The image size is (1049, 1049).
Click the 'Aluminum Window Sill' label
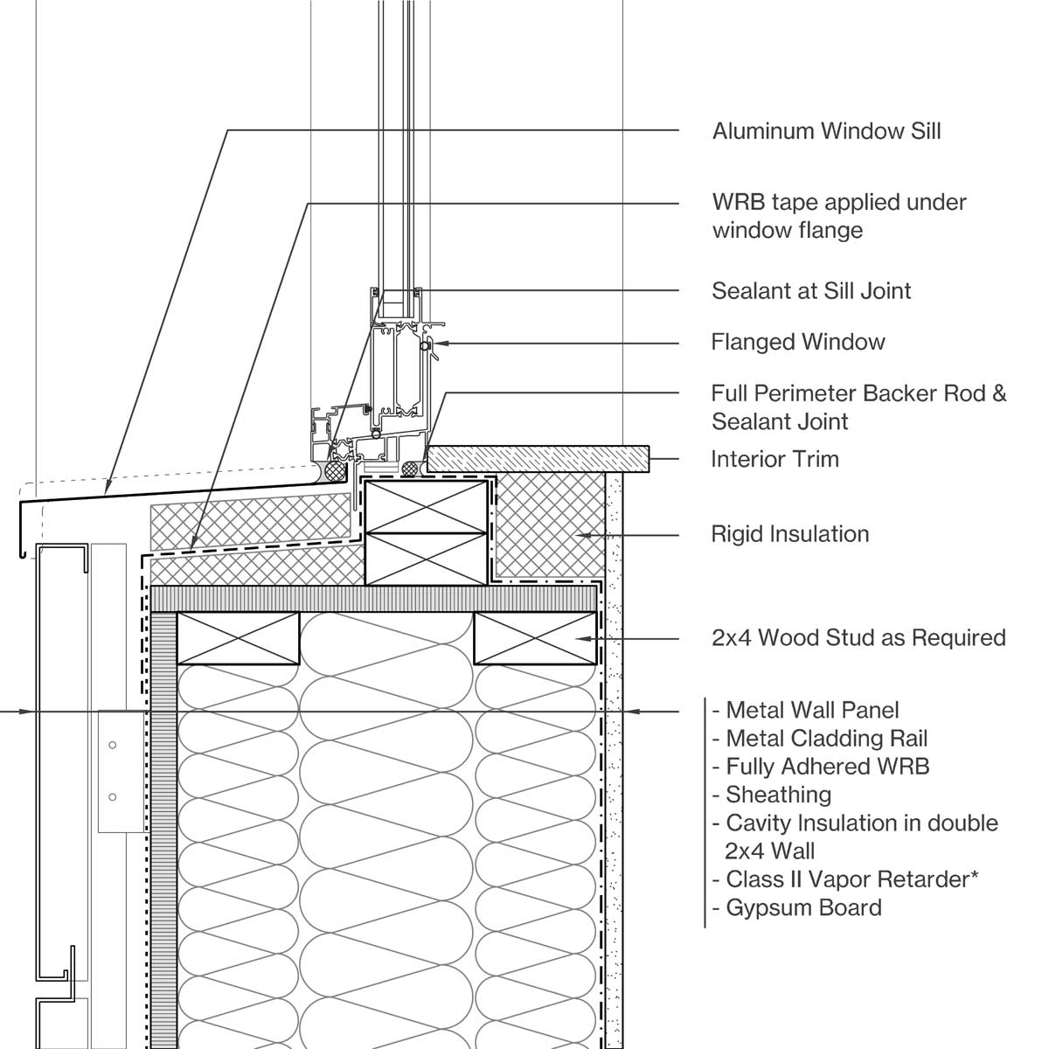click(826, 131)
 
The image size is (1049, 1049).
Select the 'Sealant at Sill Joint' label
click(811, 290)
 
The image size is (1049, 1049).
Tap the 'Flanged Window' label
click(797, 342)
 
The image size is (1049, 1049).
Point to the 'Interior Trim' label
click(775, 459)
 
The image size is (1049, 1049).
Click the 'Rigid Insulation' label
click(789, 534)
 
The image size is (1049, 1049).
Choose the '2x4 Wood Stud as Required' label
click(858, 637)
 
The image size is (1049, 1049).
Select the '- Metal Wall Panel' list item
click(805, 710)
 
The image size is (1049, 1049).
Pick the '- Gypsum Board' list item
click(796, 907)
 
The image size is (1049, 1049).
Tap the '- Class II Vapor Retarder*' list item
click(844, 879)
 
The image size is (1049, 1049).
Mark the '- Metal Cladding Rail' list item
click(819, 739)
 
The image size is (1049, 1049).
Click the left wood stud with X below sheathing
click(238, 638)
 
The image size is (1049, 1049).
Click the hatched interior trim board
click(538, 457)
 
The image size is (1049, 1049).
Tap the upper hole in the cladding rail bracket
click(112, 745)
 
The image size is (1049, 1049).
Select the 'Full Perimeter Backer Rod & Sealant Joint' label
click(858, 406)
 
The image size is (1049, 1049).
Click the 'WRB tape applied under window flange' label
click(838, 216)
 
